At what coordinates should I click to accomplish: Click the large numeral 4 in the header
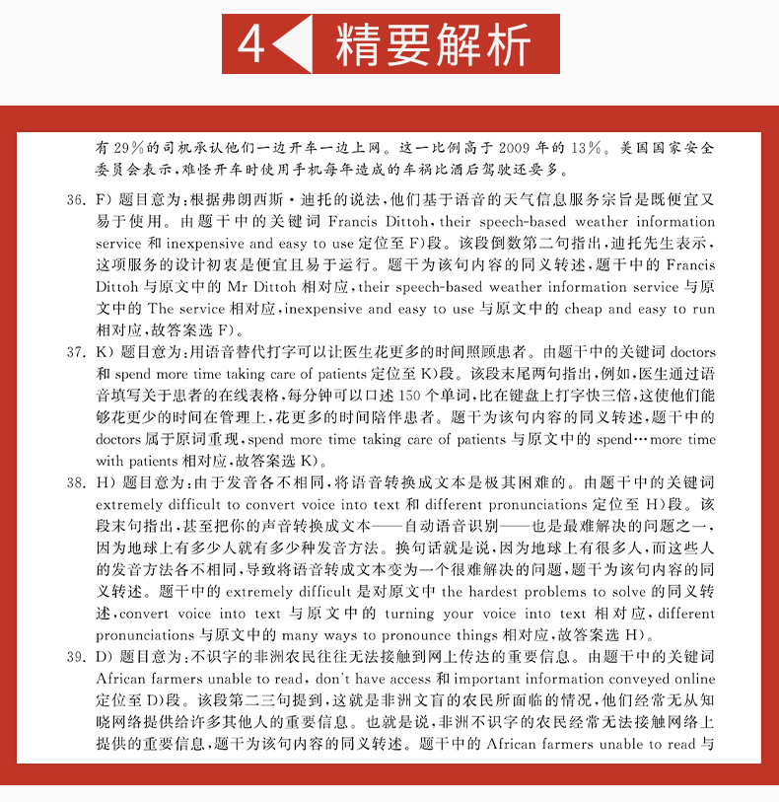click(252, 44)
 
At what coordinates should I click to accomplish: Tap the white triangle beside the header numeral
click(291, 45)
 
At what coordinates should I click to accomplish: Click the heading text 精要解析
click(433, 45)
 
